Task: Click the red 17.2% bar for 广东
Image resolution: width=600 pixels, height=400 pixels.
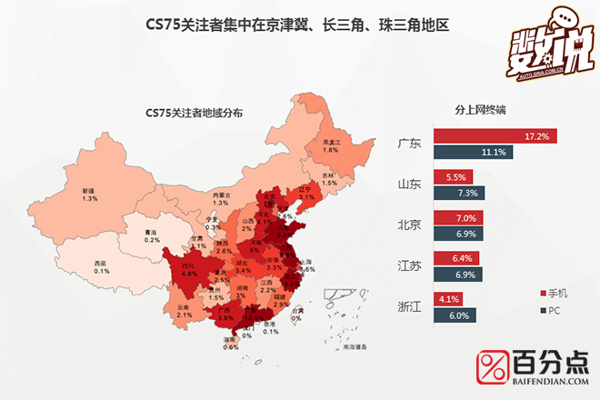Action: (495, 136)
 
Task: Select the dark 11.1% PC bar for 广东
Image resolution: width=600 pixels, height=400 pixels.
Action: (474, 152)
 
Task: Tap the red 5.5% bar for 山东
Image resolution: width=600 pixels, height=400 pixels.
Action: (452, 177)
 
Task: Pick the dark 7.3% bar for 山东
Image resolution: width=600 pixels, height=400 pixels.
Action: (459, 193)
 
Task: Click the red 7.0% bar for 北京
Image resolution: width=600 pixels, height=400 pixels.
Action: (458, 218)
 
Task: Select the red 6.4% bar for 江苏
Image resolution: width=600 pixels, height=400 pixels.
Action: (455, 258)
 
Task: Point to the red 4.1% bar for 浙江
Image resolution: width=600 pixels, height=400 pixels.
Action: (448, 298)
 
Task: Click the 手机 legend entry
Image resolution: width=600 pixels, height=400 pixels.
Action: (554, 293)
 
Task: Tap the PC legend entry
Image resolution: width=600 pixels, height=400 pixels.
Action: (549, 309)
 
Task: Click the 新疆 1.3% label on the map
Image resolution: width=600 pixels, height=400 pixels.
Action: (88, 195)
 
